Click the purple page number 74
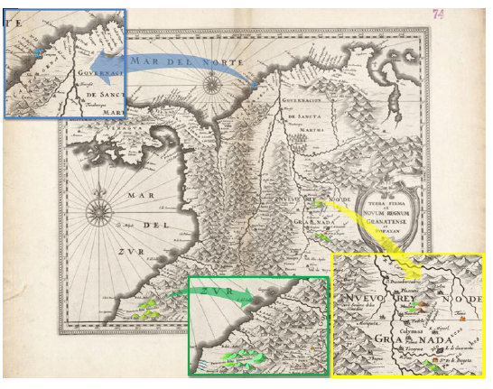[439, 14]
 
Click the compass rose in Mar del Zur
[97, 214]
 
